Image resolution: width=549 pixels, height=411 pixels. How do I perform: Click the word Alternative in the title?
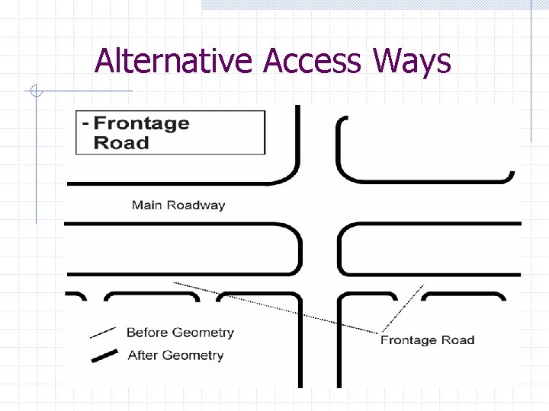click(x=173, y=61)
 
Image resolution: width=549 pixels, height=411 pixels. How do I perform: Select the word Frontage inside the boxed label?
click(x=141, y=123)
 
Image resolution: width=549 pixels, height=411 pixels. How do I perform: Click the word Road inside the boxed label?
click(x=121, y=142)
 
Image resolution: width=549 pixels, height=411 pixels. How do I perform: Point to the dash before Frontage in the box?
click(x=85, y=123)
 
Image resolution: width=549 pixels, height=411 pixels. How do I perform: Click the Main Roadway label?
click(x=178, y=205)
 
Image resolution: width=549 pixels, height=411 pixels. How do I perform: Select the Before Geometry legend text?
click(x=180, y=333)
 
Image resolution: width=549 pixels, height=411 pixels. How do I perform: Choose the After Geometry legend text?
click(x=175, y=355)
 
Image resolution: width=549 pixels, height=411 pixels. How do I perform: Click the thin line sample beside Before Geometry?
click(x=102, y=333)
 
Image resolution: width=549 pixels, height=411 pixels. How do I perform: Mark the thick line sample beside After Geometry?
click(x=104, y=356)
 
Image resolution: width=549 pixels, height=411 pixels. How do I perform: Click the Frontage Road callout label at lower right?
click(x=427, y=340)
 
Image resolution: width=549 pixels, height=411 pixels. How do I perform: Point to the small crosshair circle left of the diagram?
click(x=36, y=93)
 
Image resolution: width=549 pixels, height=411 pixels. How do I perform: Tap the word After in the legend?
click(x=143, y=355)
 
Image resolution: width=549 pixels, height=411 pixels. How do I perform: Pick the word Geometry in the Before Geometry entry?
click(x=203, y=333)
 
